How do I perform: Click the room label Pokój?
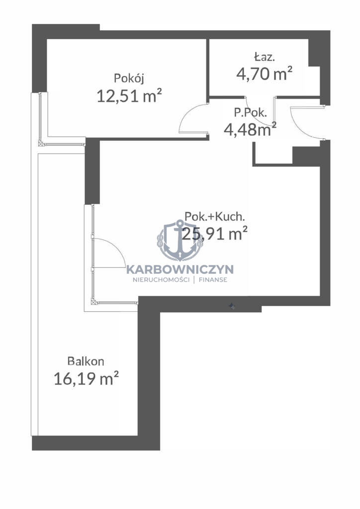(x=129, y=79)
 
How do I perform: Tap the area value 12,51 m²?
(x=129, y=96)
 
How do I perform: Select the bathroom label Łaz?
(x=265, y=57)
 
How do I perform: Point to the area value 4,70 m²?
(x=264, y=74)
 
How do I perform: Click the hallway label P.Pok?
(x=251, y=112)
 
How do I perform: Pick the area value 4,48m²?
(x=250, y=129)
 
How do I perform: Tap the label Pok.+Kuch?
(x=214, y=216)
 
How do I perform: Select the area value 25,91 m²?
(x=215, y=234)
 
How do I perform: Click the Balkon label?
(x=86, y=361)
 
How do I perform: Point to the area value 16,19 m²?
(x=86, y=378)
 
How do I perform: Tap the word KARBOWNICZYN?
(x=180, y=269)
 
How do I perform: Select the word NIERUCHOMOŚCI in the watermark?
(x=161, y=280)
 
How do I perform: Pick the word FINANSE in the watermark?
(x=213, y=280)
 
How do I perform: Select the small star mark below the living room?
(x=231, y=306)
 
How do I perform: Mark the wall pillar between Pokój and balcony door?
(x=92, y=171)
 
